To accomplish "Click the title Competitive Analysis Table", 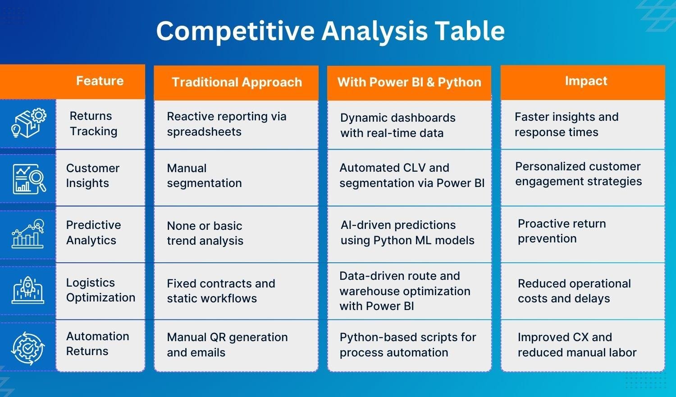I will tap(330, 31).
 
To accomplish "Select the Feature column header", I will tap(100, 81).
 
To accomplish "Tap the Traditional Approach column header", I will tap(237, 82).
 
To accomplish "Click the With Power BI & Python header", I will tap(409, 82).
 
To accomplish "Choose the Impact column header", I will tap(586, 81).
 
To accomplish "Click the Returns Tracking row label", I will tap(93, 123).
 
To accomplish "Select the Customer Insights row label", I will tap(92, 176).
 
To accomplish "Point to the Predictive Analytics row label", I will tap(93, 233).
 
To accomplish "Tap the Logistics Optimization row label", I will tap(100, 290).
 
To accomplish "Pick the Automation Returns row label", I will tap(97, 344).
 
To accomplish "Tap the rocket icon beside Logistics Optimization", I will tap(28, 290).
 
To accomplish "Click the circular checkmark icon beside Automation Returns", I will tap(28, 347).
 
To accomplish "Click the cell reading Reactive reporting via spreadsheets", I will tap(226, 124).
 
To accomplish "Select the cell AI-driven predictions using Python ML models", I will tap(407, 233).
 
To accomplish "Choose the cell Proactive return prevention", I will tap(562, 231).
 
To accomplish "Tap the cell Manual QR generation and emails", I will tap(227, 345).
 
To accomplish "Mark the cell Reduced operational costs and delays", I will tap(574, 291).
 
